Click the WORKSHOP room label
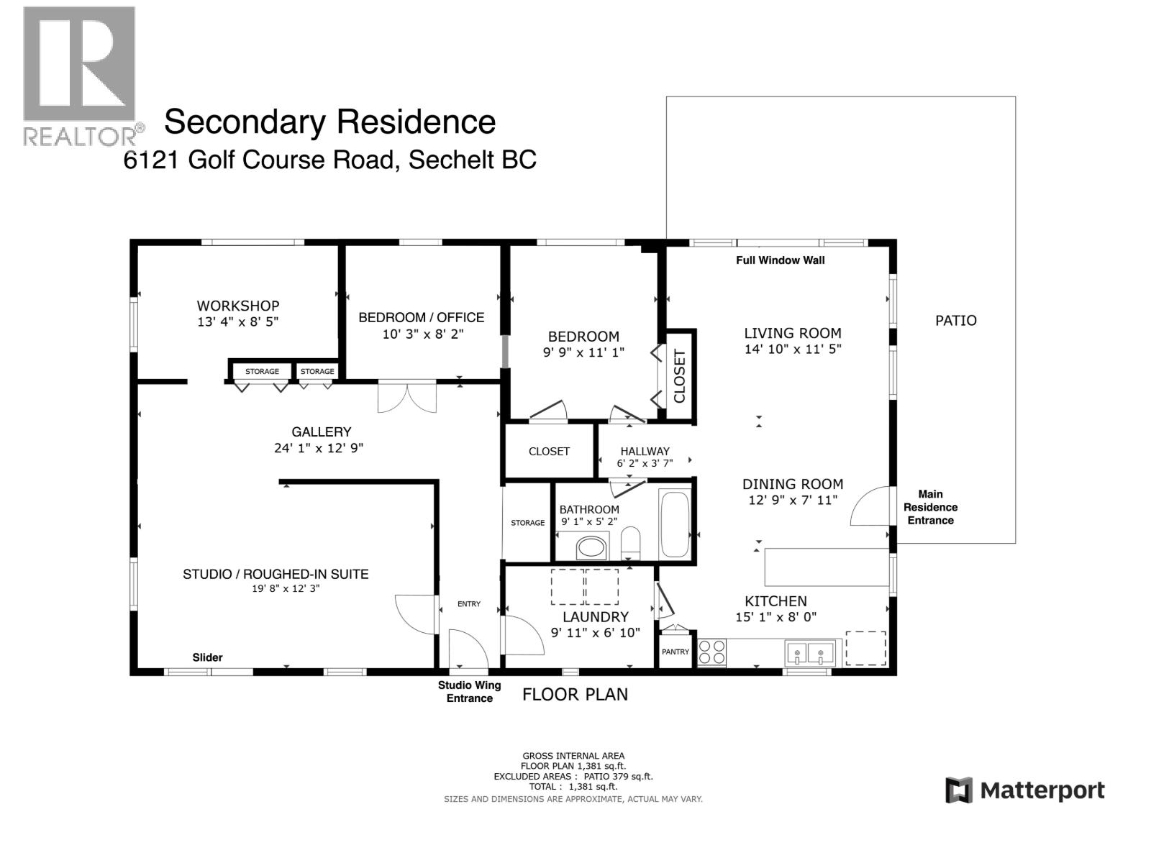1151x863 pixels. pyautogui.click(x=237, y=306)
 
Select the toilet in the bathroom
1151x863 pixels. pyautogui.click(x=630, y=544)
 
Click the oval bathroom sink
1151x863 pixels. pyautogui.click(x=591, y=548)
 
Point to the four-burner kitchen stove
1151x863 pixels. pyautogui.click(x=712, y=652)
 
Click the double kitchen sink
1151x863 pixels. pyautogui.click(x=809, y=653)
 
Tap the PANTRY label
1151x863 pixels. pyautogui.click(x=675, y=652)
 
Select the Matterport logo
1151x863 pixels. pyautogui.click(x=1024, y=791)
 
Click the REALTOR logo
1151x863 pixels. pyautogui.click(x=79, y=76)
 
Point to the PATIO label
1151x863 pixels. pyautogui.click(x=955, y=321)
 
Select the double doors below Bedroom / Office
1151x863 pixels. pyautogui.click(x=407, y=396)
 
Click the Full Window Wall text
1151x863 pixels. pyautogui.click(x=780, y=260)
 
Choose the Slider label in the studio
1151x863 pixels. pyautogui.click(x=207, y=657)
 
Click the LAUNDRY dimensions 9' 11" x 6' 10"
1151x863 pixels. pyautogui.click(x=595, y=633)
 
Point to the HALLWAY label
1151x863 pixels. pyautogui.click(x=645, y=452)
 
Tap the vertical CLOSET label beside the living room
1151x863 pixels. pyautogui.click(x=680, y=375)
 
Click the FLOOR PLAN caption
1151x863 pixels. pyautogui.click(x=575, y=694)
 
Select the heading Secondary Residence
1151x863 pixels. pyautogui.click(x=329, y=122)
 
